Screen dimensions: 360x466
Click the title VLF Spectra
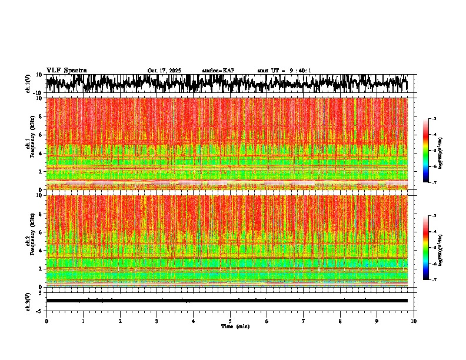click(x=66, y=71)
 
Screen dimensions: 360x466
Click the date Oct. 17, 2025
click(x=164, y=71)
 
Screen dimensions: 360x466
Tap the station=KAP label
click(x=218, y=71)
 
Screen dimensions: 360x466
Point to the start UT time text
click(x=284, y=71)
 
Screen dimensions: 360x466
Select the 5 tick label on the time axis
click(x=230, y=321)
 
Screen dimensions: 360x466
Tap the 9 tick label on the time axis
click(x=377, y=321)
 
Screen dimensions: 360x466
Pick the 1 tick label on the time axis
click(x=83, y=321)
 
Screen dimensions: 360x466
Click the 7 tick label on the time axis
click(x=304, y=321)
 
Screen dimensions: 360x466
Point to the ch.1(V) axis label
click(x=28, y=84)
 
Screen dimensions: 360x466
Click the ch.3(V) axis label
click(x=28, y=301)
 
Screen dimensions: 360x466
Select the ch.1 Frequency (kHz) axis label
click(x=29, y=144)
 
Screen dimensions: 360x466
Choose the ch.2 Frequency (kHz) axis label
click(x=29, y=241)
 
